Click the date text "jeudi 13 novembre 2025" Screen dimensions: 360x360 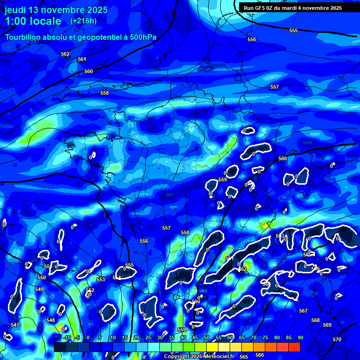(x=56, y=10)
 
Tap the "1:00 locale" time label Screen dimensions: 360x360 (x=33, y=21)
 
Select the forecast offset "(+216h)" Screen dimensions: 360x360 (x=83, y=21)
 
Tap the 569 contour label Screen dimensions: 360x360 (x=327, y=325)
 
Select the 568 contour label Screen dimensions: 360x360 (x=315, y=321)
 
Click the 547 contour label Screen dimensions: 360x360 (x=15, y=325)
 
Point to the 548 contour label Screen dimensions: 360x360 (x=51, y=321)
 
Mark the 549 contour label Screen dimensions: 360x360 (x=39, y=289)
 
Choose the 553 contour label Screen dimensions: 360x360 (x=101, y=279)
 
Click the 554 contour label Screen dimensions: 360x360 (x=117, y=277)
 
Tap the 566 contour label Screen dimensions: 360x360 (x=260, y=355)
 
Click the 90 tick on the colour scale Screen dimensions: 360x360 (x=300, y=337)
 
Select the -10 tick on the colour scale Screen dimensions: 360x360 (x=67, y=337)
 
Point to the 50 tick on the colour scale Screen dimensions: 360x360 (x=206, y=337)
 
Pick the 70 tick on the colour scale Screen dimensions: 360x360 (x=253, y=337)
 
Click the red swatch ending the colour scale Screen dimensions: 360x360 (x=294, y=347)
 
